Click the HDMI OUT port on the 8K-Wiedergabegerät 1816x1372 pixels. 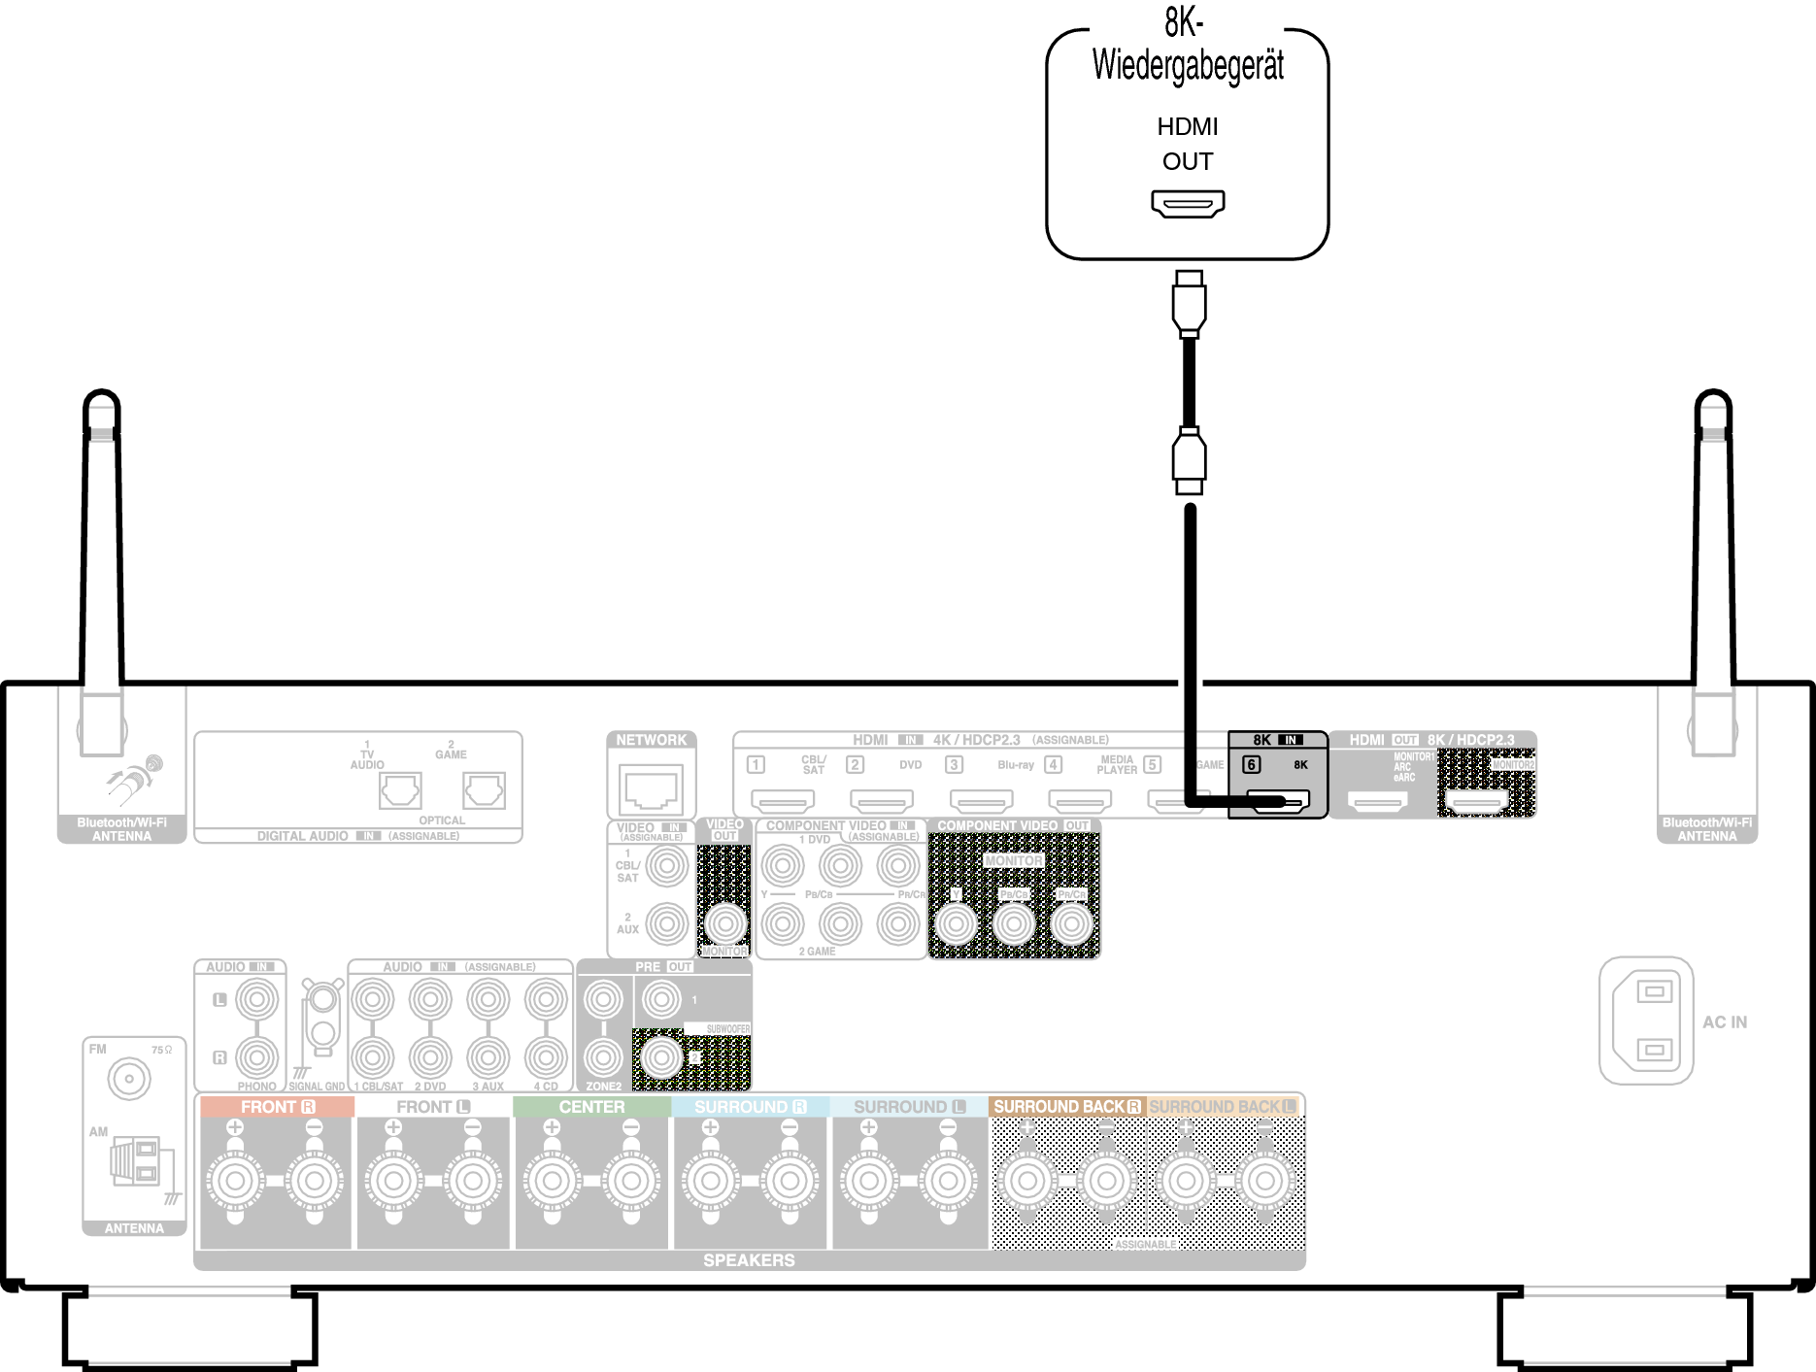[1188, 204]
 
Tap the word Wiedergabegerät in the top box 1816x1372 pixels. [1188, 65]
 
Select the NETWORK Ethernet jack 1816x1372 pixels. [652, 786]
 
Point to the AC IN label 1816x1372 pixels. [1725, 1022]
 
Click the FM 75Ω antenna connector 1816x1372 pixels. [129, 1079]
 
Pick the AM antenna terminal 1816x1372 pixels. [136, 1161]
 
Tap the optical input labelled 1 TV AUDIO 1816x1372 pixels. [400, 790]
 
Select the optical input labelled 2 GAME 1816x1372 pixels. [484, 790]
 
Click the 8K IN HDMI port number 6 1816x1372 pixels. [1278, 801]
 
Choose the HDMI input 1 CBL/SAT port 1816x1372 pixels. [783, 802]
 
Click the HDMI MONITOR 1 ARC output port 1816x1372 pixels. [1377, 803]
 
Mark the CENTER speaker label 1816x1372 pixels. [591, 1107]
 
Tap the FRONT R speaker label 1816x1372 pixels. [278, 1107]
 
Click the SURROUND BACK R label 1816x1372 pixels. [1066, 1107]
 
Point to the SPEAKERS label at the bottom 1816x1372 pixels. [749, 1260]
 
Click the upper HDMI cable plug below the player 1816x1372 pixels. [1189, 304]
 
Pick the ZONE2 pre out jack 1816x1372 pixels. [603, 1057]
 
